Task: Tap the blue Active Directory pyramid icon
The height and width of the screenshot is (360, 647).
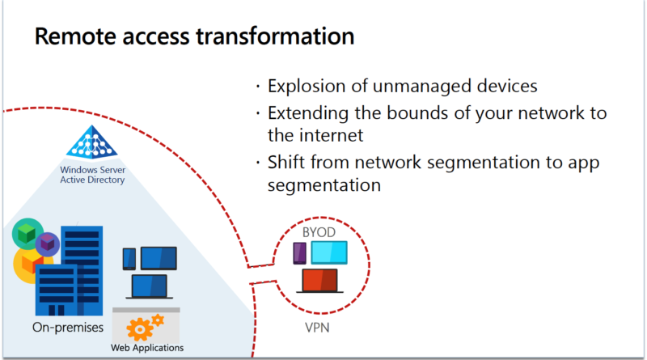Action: (x=92, y=142)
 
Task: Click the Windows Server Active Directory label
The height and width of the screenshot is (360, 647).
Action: (x=92, y=175)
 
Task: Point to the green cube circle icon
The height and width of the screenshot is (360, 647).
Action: (x=27, y=234)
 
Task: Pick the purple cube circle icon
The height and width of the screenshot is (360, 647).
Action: (x=48, y=244)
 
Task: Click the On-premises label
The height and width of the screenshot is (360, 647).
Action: (x=68, y=328)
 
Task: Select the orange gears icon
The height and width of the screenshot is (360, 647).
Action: (x=145, y=327)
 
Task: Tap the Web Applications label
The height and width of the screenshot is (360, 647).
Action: (x=147, y=348)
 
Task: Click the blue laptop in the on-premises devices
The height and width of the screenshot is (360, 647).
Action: (x=150, y=286)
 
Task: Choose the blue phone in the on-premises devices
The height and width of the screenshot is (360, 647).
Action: (x=129, y=259)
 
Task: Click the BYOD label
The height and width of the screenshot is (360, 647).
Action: (x=319, y=232)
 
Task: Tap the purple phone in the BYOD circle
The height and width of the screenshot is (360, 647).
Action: (x=299, y=253)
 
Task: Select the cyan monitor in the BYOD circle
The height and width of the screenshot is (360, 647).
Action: (x=329, y=252)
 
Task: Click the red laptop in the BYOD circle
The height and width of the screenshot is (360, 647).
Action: (x=319, y=281)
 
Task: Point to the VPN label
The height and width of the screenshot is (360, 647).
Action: (x=317, y=328)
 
